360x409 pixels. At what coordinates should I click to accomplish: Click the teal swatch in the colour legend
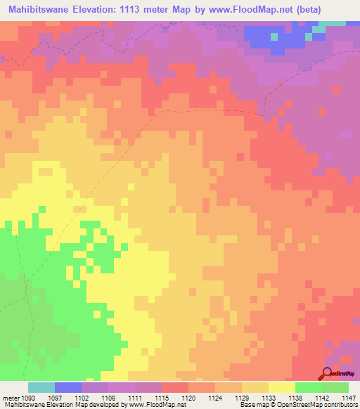tap(41, 387)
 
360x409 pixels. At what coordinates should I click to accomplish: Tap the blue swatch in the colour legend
tap(68, 387)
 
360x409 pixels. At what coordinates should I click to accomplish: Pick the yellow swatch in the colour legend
tap(282, 387)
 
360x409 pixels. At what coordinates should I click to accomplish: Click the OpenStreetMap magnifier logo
tap(327, 373)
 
